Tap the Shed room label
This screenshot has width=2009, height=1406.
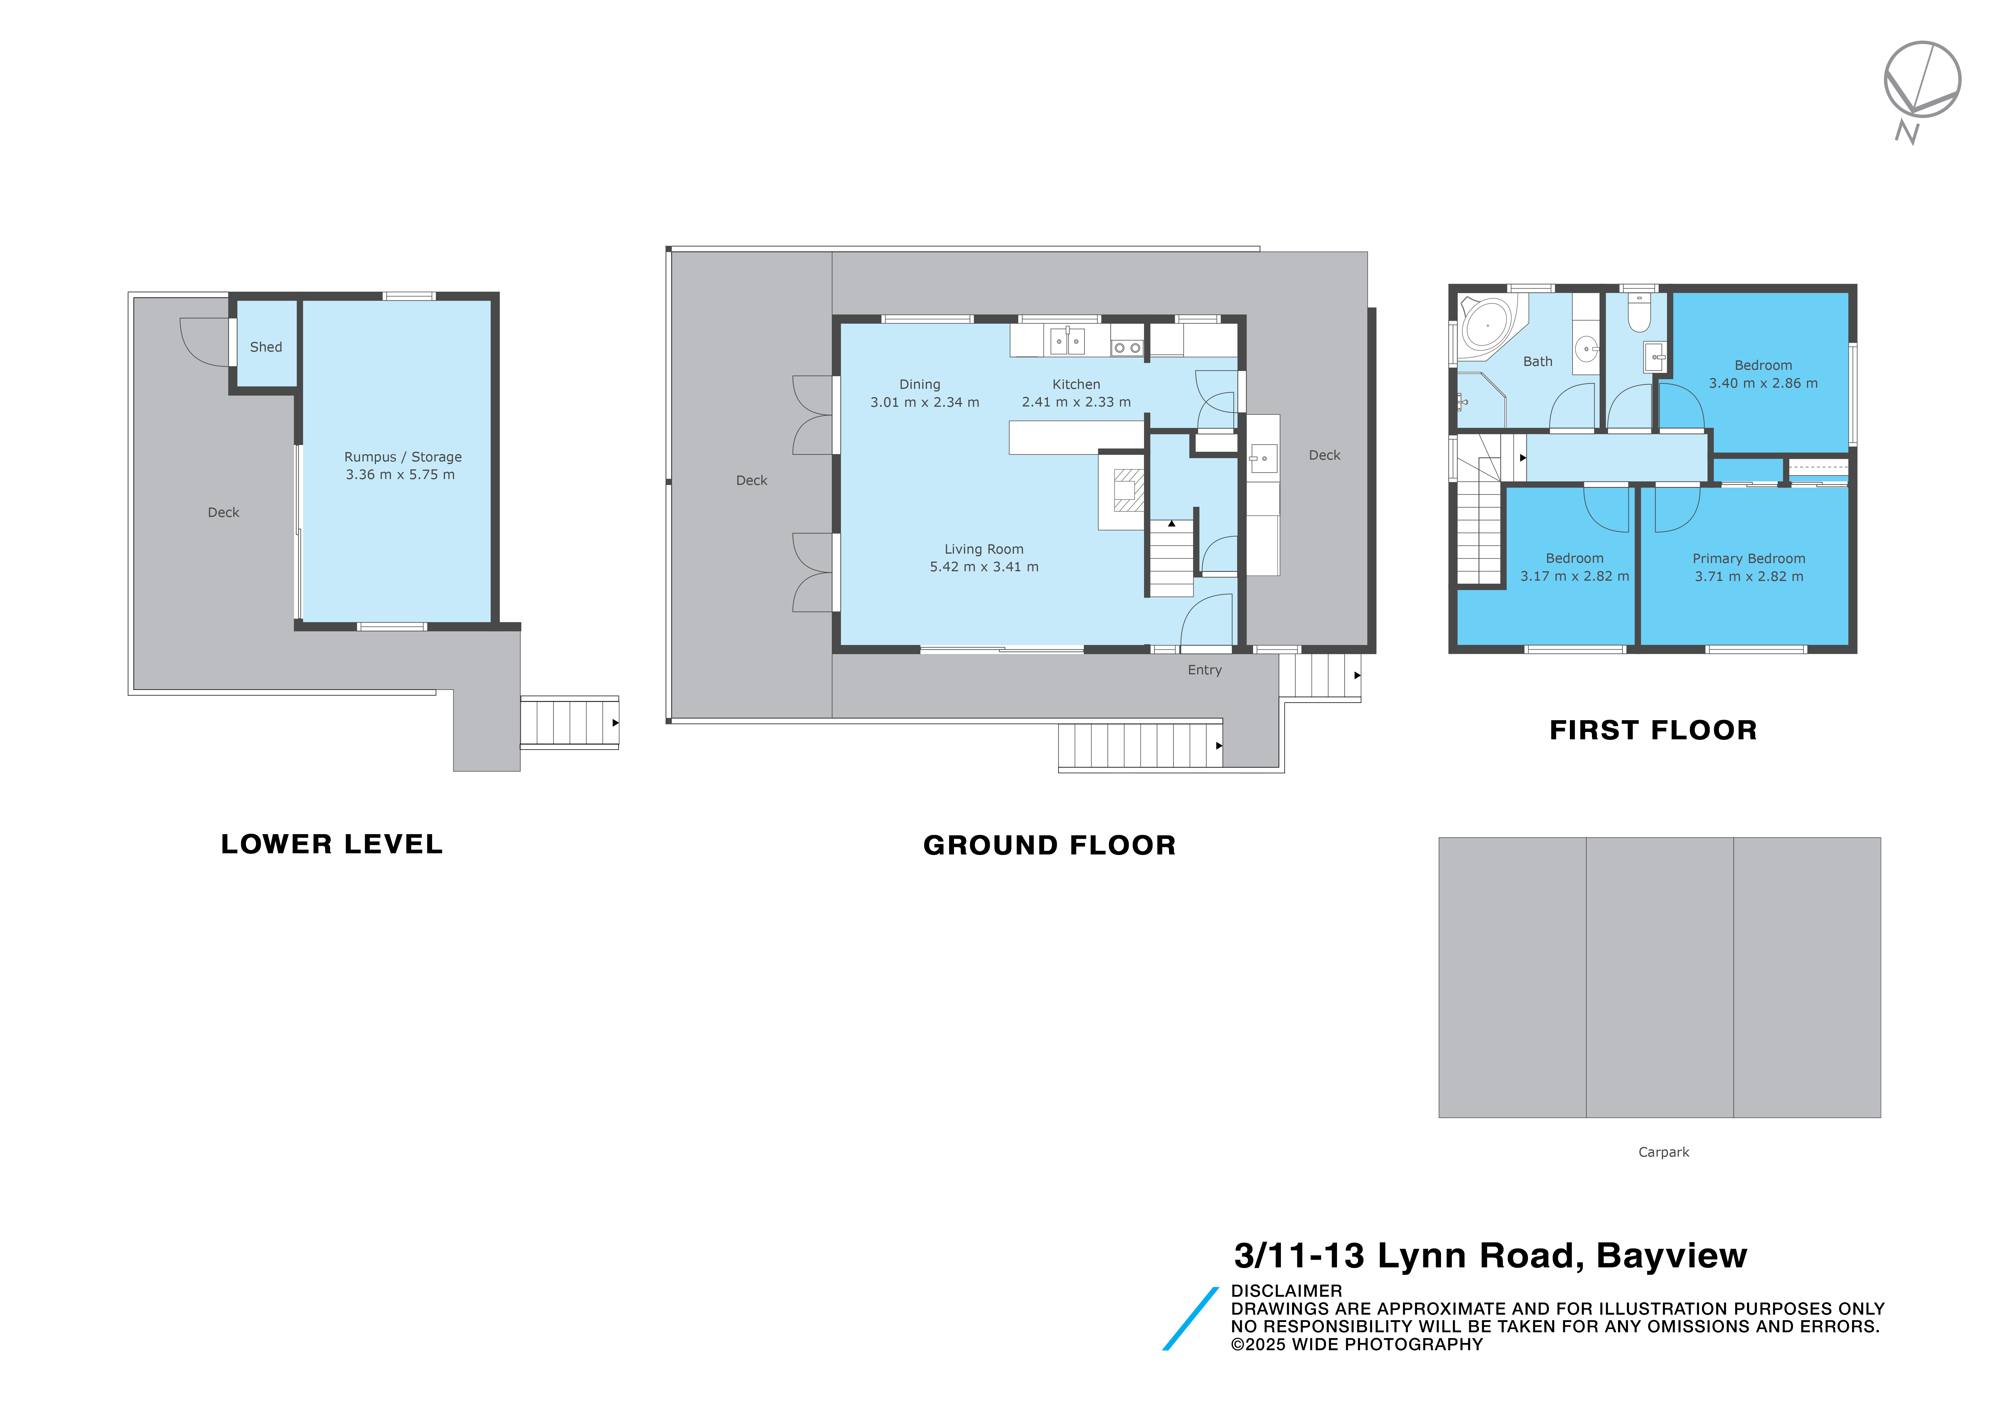(x=266, y=347)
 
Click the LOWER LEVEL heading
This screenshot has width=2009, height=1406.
(x=332, y=844)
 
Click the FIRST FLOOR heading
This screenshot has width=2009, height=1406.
(x=1653, y=730)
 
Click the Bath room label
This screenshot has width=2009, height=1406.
(x=1537, y=361)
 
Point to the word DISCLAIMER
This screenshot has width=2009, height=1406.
(x=1286, y=1291)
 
